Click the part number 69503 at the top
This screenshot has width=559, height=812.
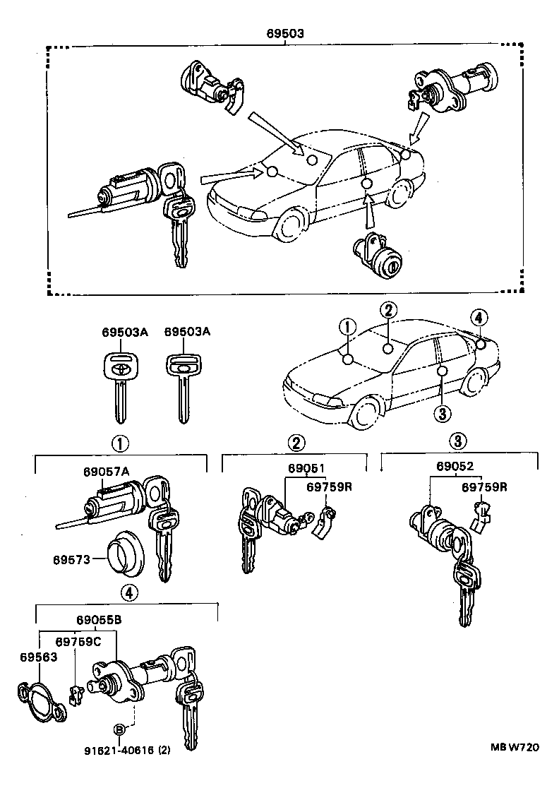[x=284, y=32]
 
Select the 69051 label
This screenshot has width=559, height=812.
[x=306, y=468]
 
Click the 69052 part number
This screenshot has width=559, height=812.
[x=454, y=466]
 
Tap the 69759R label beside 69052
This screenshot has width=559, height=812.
[x=485, y=487]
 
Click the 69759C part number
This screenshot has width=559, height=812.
[x=78, y=641]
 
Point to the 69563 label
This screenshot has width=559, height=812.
[x=37, y=656]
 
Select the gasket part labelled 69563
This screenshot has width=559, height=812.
[x=40, y=700]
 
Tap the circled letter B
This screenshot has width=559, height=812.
[x=119, y=729]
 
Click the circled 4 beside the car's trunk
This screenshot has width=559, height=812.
[x=478, y=318]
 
